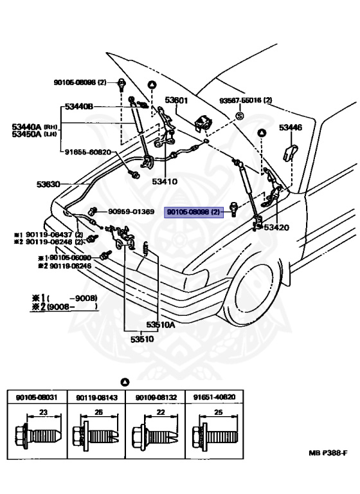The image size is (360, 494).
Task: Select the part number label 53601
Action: coord(175,100)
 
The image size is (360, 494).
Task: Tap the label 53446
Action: coord(290,128)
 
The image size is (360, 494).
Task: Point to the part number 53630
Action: coord(48,184)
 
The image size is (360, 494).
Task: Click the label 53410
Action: coord(165,182)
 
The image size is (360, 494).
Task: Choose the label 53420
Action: coord(276,228)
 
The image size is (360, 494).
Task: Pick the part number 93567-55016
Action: coord(245,100)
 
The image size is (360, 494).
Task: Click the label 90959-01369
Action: coord(130,212)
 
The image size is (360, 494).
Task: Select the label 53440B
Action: coord(79,106)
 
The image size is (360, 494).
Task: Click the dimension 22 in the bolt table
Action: coord(160,412)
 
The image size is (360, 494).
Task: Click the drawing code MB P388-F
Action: coord(330,453)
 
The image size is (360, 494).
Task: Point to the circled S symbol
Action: coord(239,116)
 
